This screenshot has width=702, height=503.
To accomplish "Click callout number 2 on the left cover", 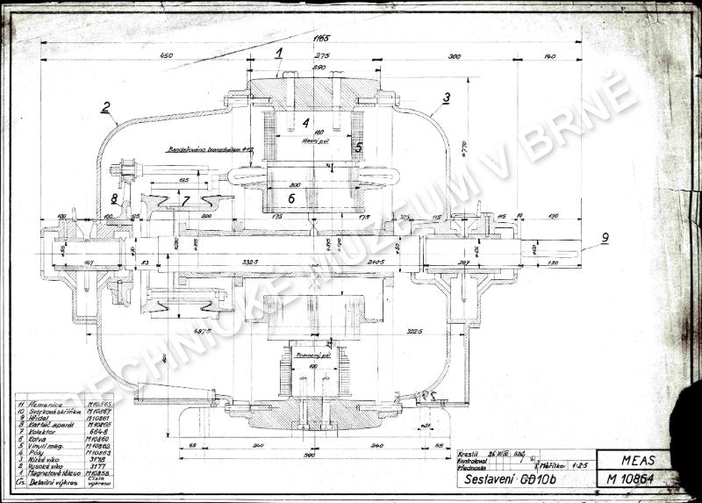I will coord(105,109).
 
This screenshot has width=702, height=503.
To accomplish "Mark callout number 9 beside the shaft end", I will coord(605,236).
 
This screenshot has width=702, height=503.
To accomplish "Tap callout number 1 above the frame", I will coord(278,53).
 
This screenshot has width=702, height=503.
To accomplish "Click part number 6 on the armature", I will coord(292,198).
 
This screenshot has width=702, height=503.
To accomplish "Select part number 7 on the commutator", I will coord(185,201).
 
